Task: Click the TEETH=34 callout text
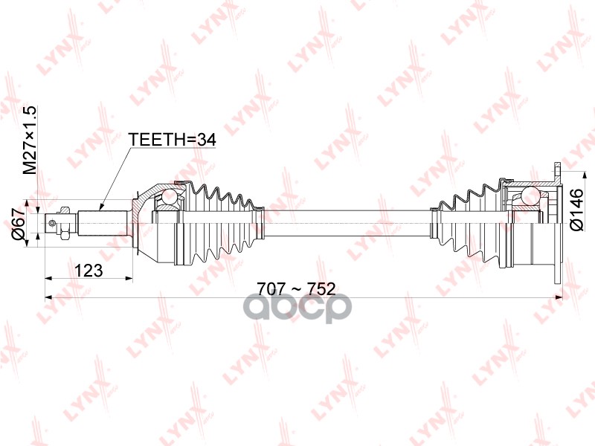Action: click(x=173, y=140)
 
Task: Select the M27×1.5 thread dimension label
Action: click(x=30, y=140)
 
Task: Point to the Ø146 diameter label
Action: click(x=576, y=210)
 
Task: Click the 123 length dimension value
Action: click(x=89, y=271)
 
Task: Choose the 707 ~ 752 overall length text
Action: click(x=296, y=289)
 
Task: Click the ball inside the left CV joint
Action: click(x=169, y=197)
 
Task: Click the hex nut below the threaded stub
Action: click(x=64, y=235)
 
